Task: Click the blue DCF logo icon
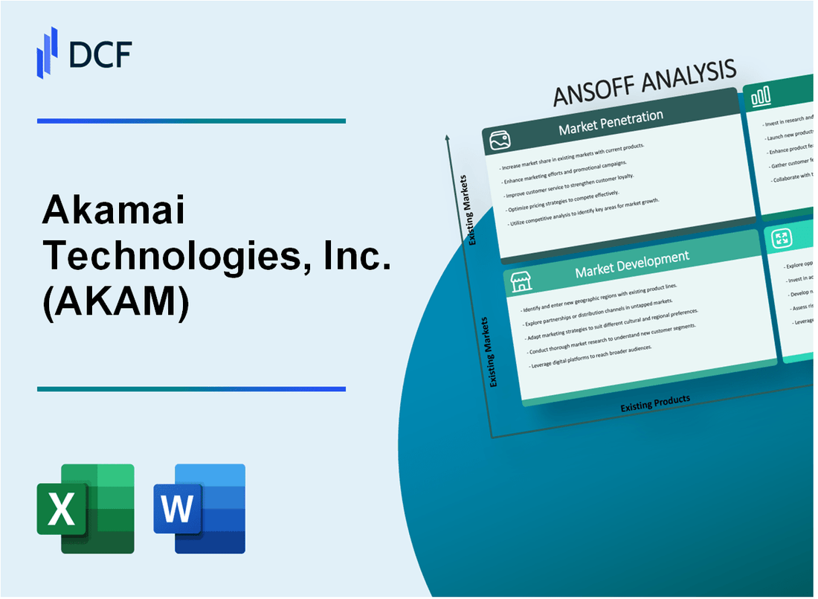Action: pyautogui.click(x=47, y=51)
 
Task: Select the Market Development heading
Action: pyautogui.click(x=631, y=264)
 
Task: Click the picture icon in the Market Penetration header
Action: pyautogui.click(x=497, y=139)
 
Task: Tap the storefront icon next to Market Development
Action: pyautogui.click(x=521, y=282)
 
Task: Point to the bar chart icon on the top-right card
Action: pyautogui.click(x=761, y=96)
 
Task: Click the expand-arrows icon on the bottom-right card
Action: pyautogui.click(x=782, y=238)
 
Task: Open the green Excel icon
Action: pyautogui.click(x=86, y=508)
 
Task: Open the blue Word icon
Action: pyautogui.click(x=199, y=508)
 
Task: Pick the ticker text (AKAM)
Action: pyautogui.click(x=115, y=301)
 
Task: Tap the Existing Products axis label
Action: pyautogui.click(x=655, y=403)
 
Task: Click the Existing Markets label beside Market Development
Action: pyautogui.click(x=492, y=351)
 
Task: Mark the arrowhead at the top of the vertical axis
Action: pyautogui.click(x=448, y=138)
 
